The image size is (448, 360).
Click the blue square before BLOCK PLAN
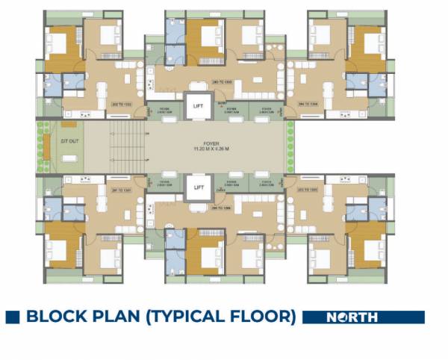[x=11, y=317]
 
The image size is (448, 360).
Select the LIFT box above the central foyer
[x=198, y=106]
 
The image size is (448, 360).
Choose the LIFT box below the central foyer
[x=198, y=187]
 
